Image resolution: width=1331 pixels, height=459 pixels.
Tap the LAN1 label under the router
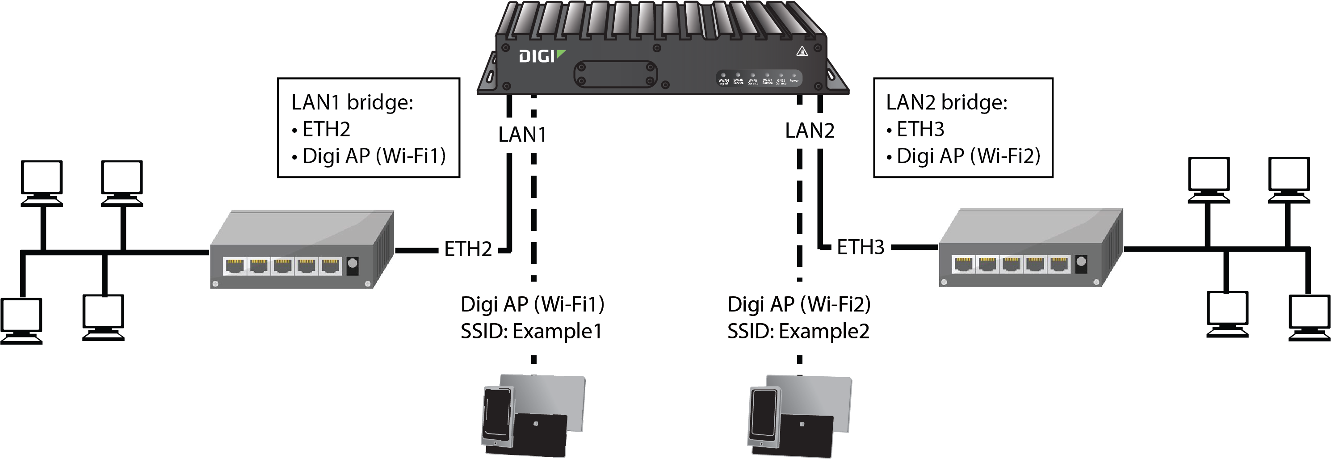(x=522, y=135)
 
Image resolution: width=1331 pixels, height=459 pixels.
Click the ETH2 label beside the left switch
(x=468, y=249)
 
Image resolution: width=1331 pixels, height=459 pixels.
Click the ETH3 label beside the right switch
(x=860, y=248)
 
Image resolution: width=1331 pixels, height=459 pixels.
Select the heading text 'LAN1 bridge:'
(x=353, y=102)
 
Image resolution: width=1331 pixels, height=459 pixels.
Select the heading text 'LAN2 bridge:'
(x=947, y=102)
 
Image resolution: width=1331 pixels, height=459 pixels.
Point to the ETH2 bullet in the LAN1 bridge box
(x=326, y=129)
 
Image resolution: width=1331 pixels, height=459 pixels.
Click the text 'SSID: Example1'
(x=532, y=331)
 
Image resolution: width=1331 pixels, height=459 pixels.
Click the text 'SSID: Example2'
(x=798, y=331)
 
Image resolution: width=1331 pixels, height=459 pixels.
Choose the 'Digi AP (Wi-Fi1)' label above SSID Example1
(x=532, y=304)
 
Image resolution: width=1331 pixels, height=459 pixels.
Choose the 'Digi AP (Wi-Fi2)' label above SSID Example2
(x=799, y=304)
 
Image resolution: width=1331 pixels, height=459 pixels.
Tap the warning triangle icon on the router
(x=802, y=51)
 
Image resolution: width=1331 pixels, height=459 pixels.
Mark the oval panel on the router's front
(x=615, y=74)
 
